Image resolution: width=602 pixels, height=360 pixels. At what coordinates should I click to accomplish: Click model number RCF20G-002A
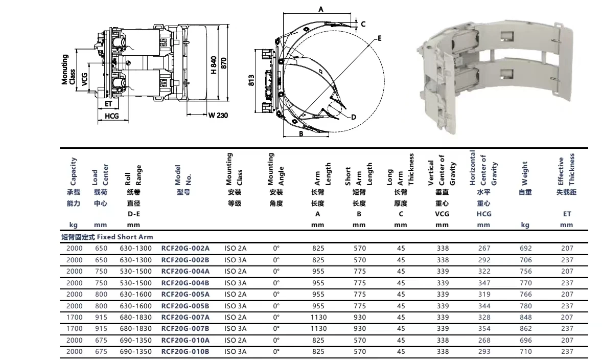(x=186, y=248)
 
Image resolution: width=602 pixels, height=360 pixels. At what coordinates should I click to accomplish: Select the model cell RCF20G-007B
(x=186, y=328)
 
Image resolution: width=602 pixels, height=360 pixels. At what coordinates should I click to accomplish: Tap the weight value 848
(x=525, y=318)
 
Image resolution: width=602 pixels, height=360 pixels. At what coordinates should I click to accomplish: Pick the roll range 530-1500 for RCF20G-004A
(x=136, y=271)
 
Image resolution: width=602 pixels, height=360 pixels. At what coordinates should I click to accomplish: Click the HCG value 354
(x=484, y=328)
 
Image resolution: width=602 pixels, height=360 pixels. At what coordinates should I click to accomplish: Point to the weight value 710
(x=525, y=351)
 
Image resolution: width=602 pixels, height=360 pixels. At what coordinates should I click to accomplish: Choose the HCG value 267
(x=484, y=248)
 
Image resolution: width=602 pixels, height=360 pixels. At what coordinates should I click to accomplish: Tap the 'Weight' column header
(x=525, y=173)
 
